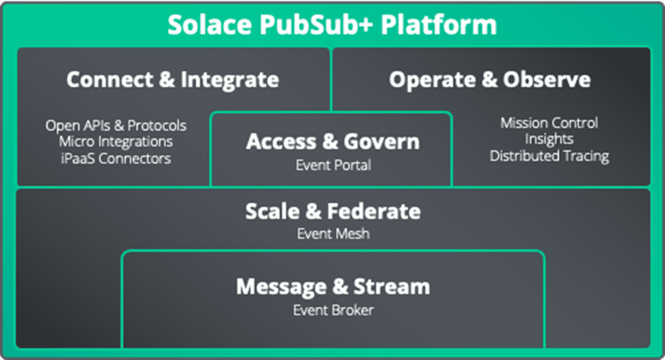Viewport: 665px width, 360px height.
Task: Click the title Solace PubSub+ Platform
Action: tap(332, 25)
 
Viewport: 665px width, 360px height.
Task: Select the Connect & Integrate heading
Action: tap(172, 79)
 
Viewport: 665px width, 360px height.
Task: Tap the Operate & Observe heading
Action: tap(490, 79)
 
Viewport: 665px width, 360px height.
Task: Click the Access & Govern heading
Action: tap(332, 141)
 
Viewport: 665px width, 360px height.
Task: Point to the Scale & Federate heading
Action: tap(332, 211)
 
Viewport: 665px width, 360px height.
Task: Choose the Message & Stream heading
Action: tap(333, 286)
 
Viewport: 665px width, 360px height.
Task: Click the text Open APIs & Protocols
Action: tap(116, 125)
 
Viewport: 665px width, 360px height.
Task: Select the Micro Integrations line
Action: tap(116, 141)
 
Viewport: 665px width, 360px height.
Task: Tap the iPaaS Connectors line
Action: tap(116, 158)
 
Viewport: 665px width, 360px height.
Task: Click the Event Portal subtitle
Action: tap(333, 165)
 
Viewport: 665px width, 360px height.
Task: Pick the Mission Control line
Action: tap(549, 123)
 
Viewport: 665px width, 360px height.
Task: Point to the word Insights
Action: tap(549, 139)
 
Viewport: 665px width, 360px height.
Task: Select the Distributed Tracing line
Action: tap(549, 155)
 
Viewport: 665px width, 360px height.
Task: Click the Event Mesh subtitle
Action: tap(333, 234)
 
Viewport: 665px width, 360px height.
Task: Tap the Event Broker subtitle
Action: tap(333, 310)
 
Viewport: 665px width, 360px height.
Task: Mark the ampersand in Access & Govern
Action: tap(330, 141)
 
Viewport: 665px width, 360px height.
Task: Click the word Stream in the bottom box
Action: tap(392, 286)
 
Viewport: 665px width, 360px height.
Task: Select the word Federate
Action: tap(374, 211)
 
